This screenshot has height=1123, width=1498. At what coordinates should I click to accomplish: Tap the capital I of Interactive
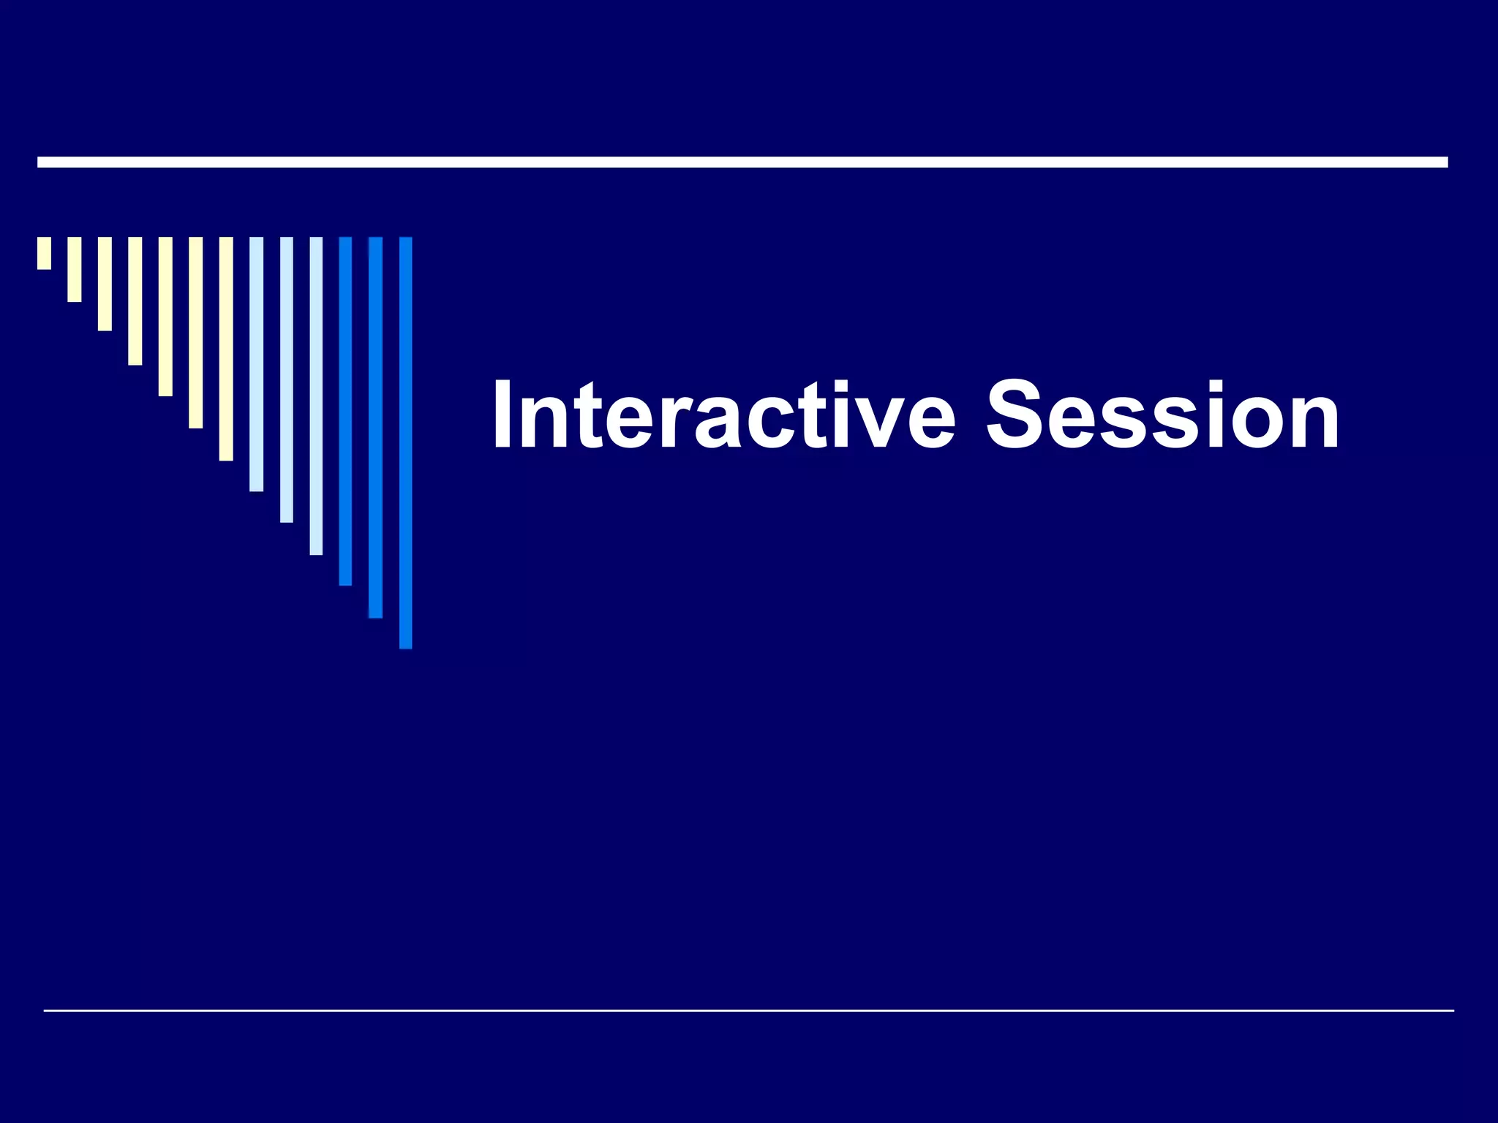point(504,415)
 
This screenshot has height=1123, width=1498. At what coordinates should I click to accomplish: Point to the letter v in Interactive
point(870,424)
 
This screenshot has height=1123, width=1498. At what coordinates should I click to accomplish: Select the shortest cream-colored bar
point(44,253)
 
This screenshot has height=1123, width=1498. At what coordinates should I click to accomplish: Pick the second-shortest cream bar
point(75,269)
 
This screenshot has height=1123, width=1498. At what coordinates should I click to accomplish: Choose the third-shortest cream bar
point(105,284)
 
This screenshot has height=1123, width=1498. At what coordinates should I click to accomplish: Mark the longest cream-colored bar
point(226,349)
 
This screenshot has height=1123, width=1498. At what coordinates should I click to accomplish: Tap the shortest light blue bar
point(256,364)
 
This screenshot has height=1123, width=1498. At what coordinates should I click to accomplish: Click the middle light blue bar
point(286,379)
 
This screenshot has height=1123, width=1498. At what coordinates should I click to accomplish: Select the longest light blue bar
point(316,396)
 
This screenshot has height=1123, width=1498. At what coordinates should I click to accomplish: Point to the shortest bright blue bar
point(345,411)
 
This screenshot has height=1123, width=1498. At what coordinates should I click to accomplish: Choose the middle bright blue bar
point(375,427)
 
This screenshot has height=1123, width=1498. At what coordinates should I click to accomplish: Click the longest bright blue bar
point(405,442)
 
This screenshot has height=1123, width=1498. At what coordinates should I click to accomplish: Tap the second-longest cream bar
point(195,333)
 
